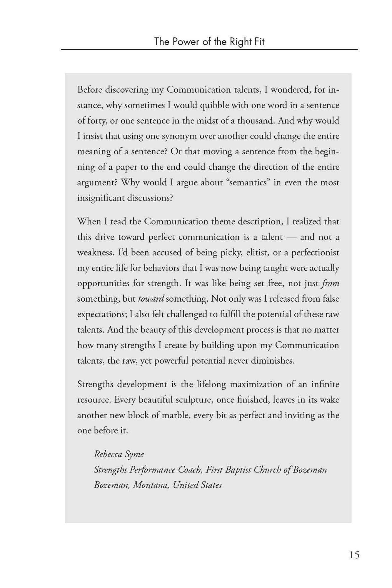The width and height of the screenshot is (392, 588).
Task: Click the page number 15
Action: click(354, 555)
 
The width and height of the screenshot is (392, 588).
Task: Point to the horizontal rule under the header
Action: click(209, 49)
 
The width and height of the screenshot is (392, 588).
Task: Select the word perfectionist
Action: click(315, 253)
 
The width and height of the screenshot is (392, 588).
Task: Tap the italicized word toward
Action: click(151, 299)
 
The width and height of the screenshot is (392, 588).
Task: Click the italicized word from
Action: click(331, 283)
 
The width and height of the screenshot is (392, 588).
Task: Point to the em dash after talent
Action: click(291, 237)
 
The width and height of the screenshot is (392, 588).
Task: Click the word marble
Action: click(175, 415)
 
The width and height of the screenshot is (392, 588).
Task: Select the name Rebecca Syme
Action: click(119, 454)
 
